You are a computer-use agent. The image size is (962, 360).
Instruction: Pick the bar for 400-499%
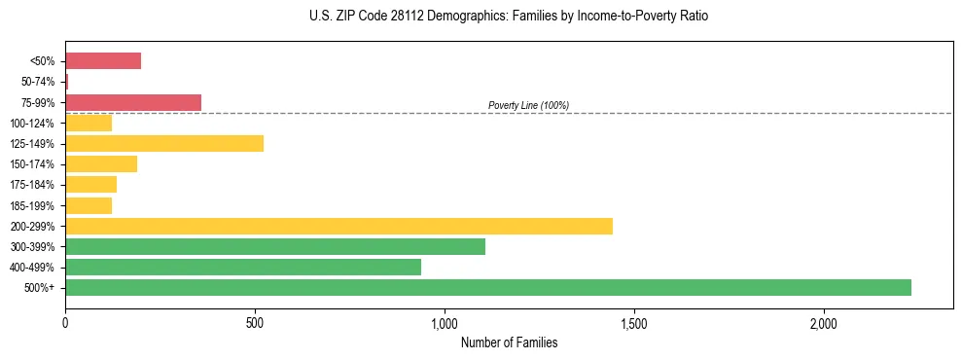[x=243, y=267]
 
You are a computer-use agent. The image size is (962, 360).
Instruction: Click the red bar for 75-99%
[x=133, y=102]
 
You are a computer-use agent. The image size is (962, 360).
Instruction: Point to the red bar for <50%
[x=103, y=61]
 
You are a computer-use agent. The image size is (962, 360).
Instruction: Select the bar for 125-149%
[x=164, y=144]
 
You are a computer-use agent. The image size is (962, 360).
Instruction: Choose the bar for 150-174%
[x=101, y=164]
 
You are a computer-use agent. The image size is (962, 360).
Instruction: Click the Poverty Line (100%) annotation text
[x=528, y=105]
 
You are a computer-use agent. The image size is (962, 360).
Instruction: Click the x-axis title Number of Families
[x=509, y=342]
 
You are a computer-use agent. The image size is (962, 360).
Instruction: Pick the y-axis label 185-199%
[x=34, y=205]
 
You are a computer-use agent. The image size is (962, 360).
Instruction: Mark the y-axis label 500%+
[x=42, y=288]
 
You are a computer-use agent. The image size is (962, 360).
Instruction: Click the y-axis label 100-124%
[x=34, y=124]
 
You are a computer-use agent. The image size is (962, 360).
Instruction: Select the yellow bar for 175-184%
[x=90, y=185]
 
